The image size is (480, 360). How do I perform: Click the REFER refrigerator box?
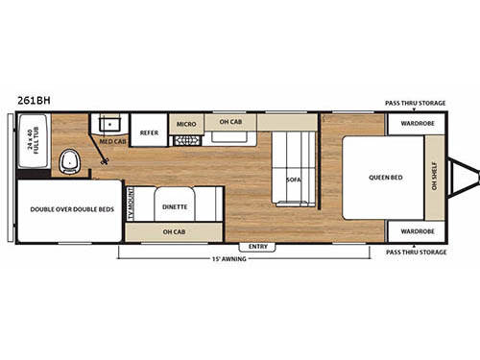coord(149,132)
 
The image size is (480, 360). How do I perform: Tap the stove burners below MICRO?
coord(183,140)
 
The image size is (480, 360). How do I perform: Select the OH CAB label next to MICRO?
coord(229,122)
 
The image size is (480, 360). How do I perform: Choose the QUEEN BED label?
coord(382,179)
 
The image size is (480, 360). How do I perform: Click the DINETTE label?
coord(175,205)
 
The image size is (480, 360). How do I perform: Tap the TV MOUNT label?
coord(131,205)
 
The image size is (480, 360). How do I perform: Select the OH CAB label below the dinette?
coord(174,232)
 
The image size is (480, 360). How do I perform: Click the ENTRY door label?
coord(260,247)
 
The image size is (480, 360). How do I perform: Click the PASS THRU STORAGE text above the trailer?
coord(416,102)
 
